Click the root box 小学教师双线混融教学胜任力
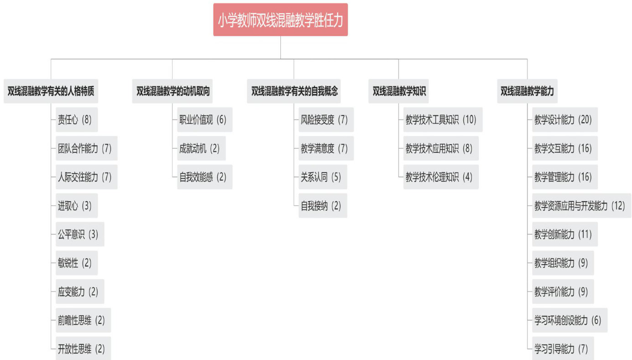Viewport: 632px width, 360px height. click(x=280, y=20)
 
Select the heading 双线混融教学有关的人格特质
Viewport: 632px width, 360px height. click(x=51, y=91)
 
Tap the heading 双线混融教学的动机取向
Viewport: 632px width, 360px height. click(x=173, y=91)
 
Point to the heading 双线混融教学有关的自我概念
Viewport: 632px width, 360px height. click(x=295, y=91)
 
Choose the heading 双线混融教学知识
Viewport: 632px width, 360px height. click(x=399, y=91)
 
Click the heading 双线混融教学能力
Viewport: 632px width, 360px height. click(x=527, y=91)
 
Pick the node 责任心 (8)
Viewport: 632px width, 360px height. click(x=77, y=120)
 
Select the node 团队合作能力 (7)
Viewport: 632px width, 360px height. click(x=87, y=148)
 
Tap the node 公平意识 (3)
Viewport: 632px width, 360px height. click(x=80, y=235)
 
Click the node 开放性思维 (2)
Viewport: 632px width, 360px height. click(x=83, y=350)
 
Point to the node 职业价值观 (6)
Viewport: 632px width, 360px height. click(x=205, y=120)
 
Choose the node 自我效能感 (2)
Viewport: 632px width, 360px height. click(x=205, y=177)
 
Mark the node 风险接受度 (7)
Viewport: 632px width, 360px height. click(x=326, y=120)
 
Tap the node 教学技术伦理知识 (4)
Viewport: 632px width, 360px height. click(x=441, y=177)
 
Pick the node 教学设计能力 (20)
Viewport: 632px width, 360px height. click(x=565, y=120)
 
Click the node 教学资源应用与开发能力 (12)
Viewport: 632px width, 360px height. click(x=581, y=206)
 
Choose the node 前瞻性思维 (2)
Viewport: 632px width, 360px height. click(x=83, y=321)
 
